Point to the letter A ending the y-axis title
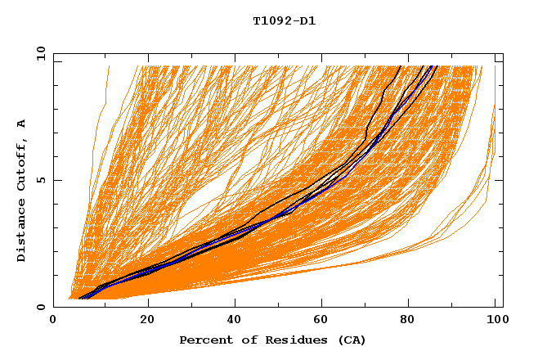(22, 124)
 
